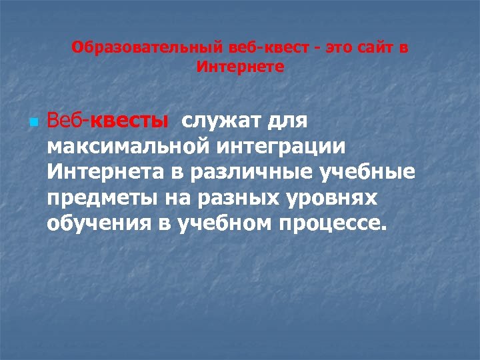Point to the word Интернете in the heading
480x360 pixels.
[241, 67]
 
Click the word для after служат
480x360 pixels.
[287, 121]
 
